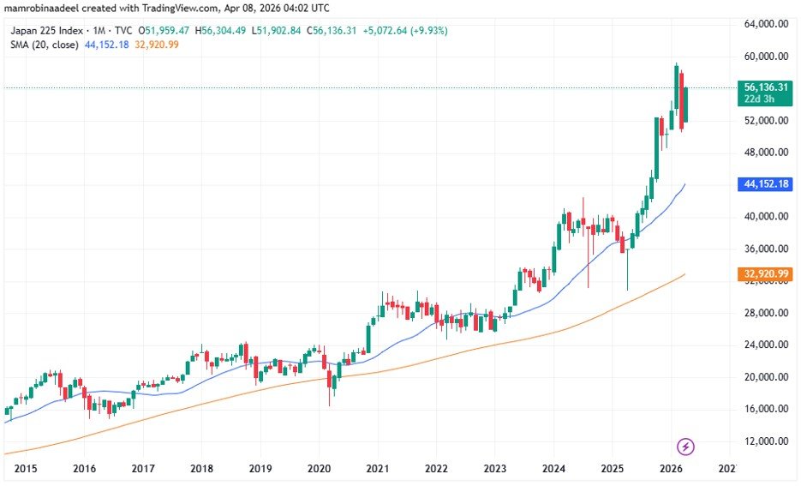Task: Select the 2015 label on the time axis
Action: pyautogui.click(x=25, y=469)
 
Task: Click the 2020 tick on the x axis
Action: pyautogui.click(x=319, y=469)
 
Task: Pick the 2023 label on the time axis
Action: pyautogui.click(x=494, y=469)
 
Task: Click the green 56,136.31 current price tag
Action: pyautogui.click(x=766, y=87)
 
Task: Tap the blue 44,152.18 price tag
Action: pyautogui.click(x=766, y=184)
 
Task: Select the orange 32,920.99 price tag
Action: pyautogui.click(x=766, y=273)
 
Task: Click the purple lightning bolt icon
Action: pyautogui.click(x=685, y=447)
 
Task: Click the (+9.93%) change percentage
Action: pyautogui.click(x=428, y=31)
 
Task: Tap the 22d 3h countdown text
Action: pyautogui.click(x=758, y=99)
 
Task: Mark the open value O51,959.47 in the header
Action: pyautogui.click(x=164, y=31)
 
